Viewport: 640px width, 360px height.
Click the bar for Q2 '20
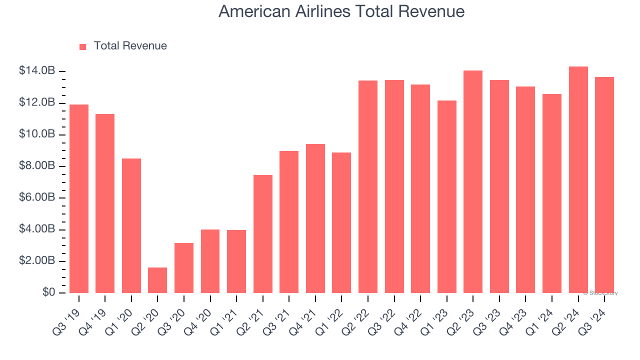(157, 280)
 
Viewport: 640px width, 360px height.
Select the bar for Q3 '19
(79, 198)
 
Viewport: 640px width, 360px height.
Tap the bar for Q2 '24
(578, 179)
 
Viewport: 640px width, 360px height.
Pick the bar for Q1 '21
(236, 261)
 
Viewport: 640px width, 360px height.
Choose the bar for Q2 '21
(263, 234)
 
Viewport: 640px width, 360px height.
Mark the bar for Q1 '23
(447, 196)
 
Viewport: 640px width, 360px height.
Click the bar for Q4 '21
(315, 218)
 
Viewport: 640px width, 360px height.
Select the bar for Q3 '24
(604, 185)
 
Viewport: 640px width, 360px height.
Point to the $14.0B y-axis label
(37, 71)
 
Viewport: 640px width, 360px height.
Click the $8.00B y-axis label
(37, 166)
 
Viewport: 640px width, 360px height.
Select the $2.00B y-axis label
(37, 261)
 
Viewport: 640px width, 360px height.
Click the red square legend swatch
(83, 46)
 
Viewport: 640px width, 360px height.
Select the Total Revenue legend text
(130, 46)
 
